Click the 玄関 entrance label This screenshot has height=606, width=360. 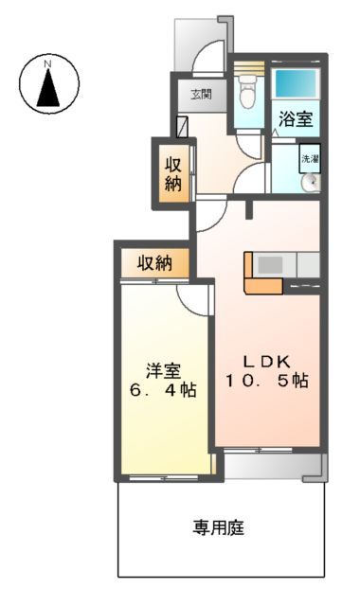[201, 94]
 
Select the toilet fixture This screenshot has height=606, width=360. [248, 95]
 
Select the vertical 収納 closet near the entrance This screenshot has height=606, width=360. [173, 171]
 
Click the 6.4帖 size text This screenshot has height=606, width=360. [162, 390]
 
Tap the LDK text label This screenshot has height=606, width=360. [265, 361]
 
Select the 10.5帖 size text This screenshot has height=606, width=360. [265, 381]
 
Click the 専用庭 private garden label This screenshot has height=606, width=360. [220, 527]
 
